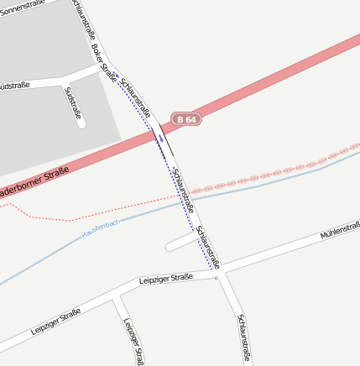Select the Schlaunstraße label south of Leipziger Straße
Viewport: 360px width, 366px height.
[244, 337]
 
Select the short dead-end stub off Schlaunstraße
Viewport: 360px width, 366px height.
[179, 244]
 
